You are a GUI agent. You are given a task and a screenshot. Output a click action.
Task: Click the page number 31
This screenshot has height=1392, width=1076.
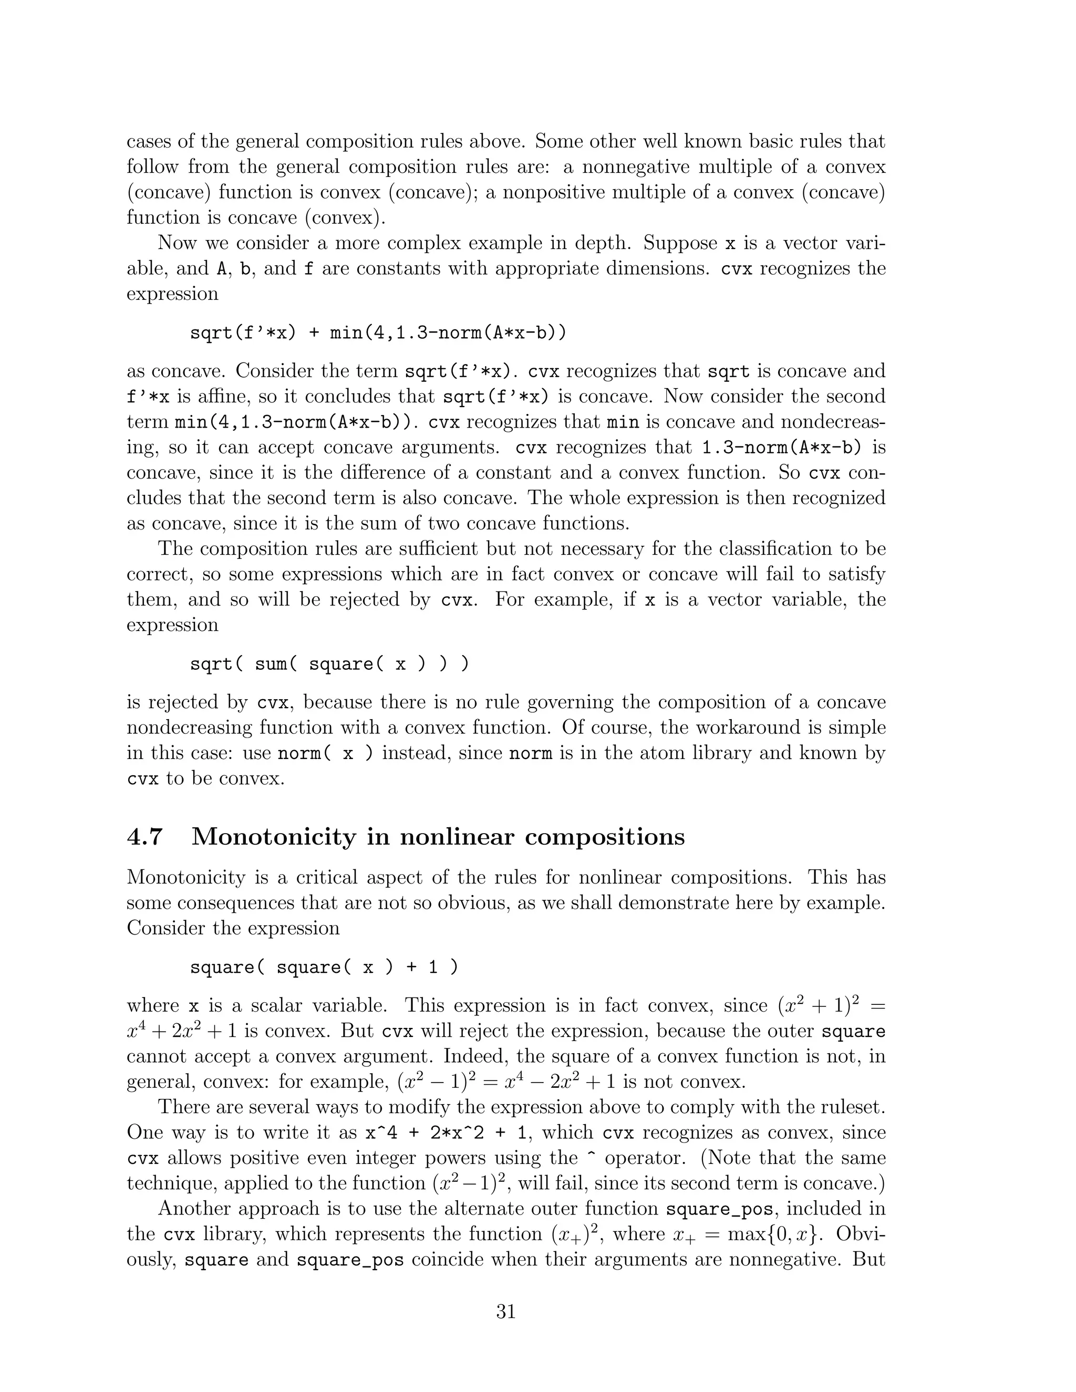[505, 1311]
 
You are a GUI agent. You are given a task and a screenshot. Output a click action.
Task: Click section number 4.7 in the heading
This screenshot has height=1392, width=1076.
[146, 836]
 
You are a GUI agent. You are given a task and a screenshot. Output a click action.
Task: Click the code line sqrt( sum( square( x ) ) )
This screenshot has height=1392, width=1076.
[329, 664]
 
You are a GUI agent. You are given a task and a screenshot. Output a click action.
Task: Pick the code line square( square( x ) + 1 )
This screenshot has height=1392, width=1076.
[324, 968]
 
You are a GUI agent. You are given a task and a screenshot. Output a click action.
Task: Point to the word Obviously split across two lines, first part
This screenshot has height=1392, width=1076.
[861, 1234]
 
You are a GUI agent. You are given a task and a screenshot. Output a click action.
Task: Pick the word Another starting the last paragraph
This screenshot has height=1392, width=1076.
[194, 1209]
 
